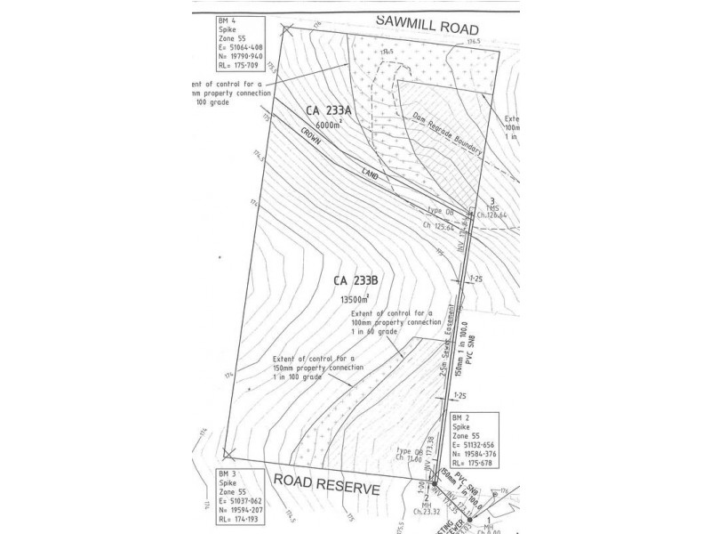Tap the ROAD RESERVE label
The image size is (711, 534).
click(x=326, y=488)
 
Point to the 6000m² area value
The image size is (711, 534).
click(x=329, y=125)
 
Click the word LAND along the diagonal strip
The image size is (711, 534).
click(x=370, y=176)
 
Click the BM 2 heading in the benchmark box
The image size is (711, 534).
click(x=459, y=417)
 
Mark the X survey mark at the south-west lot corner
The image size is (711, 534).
click(x=230, y=453)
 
